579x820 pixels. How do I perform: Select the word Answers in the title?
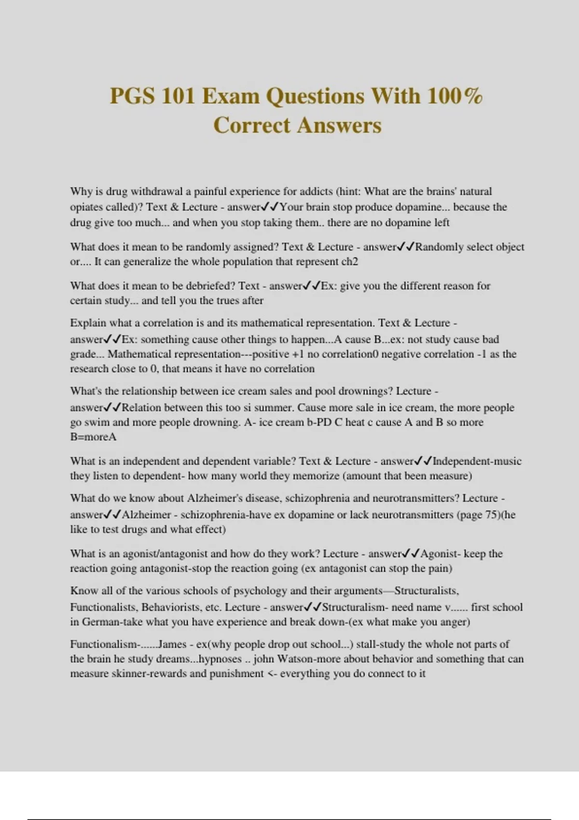pos(339,125)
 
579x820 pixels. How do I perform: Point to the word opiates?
pos(86,207)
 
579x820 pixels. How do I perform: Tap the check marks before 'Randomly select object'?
pos(405,247)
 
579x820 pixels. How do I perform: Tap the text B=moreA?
pos(93,437)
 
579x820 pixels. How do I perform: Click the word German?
pos(101,622)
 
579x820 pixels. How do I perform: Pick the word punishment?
pos(236,674)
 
